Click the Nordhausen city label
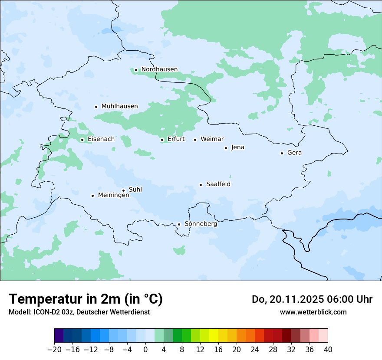tap(159, 69)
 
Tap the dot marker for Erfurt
tap(162, 140)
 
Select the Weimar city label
tap(212, 139)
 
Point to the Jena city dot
tap(226, 148)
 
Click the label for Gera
tap(294, 153)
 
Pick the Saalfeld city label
tap(218, 184)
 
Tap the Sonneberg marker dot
tap(179, 224)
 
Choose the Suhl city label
tap(135, 190)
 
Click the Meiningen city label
tap(114, 195)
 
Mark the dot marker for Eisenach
tap(82, 140)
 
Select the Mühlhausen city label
tap(119, 106)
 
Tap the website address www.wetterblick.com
tap(313, 312)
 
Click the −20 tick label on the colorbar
tap(54, 350)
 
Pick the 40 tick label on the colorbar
tap(328, 350)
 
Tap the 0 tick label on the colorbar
tap(145, 350)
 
